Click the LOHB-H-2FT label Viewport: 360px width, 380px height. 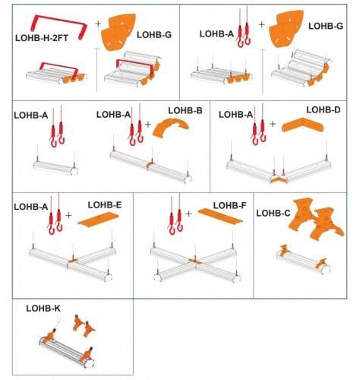point(42,38)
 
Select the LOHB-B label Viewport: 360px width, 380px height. point(185,110)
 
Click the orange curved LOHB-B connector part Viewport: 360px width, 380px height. point(171,127)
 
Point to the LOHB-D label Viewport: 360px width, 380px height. point(324,109)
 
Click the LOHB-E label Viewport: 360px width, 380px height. point(105,204)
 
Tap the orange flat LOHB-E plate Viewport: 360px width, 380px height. point(98,220)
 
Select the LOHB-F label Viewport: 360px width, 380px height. point(229,205)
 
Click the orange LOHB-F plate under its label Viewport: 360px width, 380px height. point(220,216)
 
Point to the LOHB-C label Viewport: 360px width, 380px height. point(273,213)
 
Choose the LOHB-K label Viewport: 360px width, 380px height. point(43,309)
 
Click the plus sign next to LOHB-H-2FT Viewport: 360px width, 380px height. point(98,24)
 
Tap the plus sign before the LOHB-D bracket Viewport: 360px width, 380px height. point(273,124)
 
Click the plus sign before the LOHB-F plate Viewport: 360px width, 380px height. point(188,214)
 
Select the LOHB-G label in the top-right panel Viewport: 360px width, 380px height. point(326,26)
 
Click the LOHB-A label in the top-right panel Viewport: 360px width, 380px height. point(216,33)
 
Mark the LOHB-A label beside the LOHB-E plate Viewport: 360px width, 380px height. point(31,207)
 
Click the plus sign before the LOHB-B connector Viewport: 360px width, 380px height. point(148,124)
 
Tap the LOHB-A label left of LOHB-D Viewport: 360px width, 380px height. point(235,114)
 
